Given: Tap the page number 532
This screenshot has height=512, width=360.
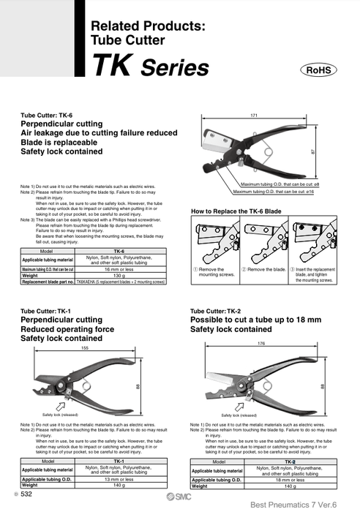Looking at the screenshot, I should (x=26, y=495).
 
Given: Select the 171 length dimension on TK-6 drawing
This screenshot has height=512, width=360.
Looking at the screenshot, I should (x=254, y=116).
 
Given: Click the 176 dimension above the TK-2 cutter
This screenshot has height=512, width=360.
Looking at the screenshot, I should (x=261, y=343).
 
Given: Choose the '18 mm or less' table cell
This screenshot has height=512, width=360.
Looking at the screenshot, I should (x=289, y=480).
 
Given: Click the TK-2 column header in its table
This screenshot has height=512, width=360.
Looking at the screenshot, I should (x=289, y=462).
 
